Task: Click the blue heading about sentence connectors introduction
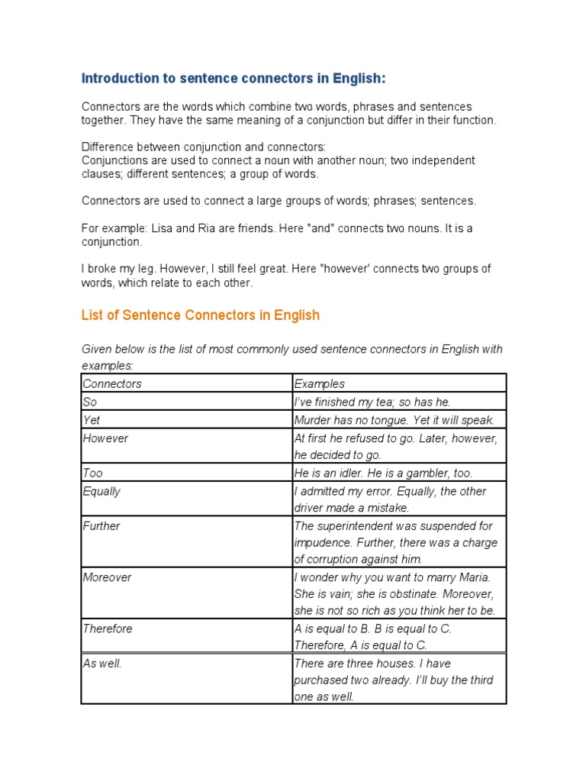tap(233, 79)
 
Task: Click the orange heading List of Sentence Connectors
tap(201, 315)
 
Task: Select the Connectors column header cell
tap(112, 384)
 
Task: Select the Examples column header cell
tap(320, 384)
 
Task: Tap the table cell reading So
tap(89, 402)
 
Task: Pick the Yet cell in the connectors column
tap(92, 420)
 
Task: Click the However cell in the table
tap(105, 438)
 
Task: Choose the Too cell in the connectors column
tap(92, 473)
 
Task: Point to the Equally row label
tap(101, 491)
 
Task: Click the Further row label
tap(101, 526)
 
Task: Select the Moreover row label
tap(107, 577)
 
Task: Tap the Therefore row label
tap(108, 629)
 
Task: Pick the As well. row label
tap(102, 664)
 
